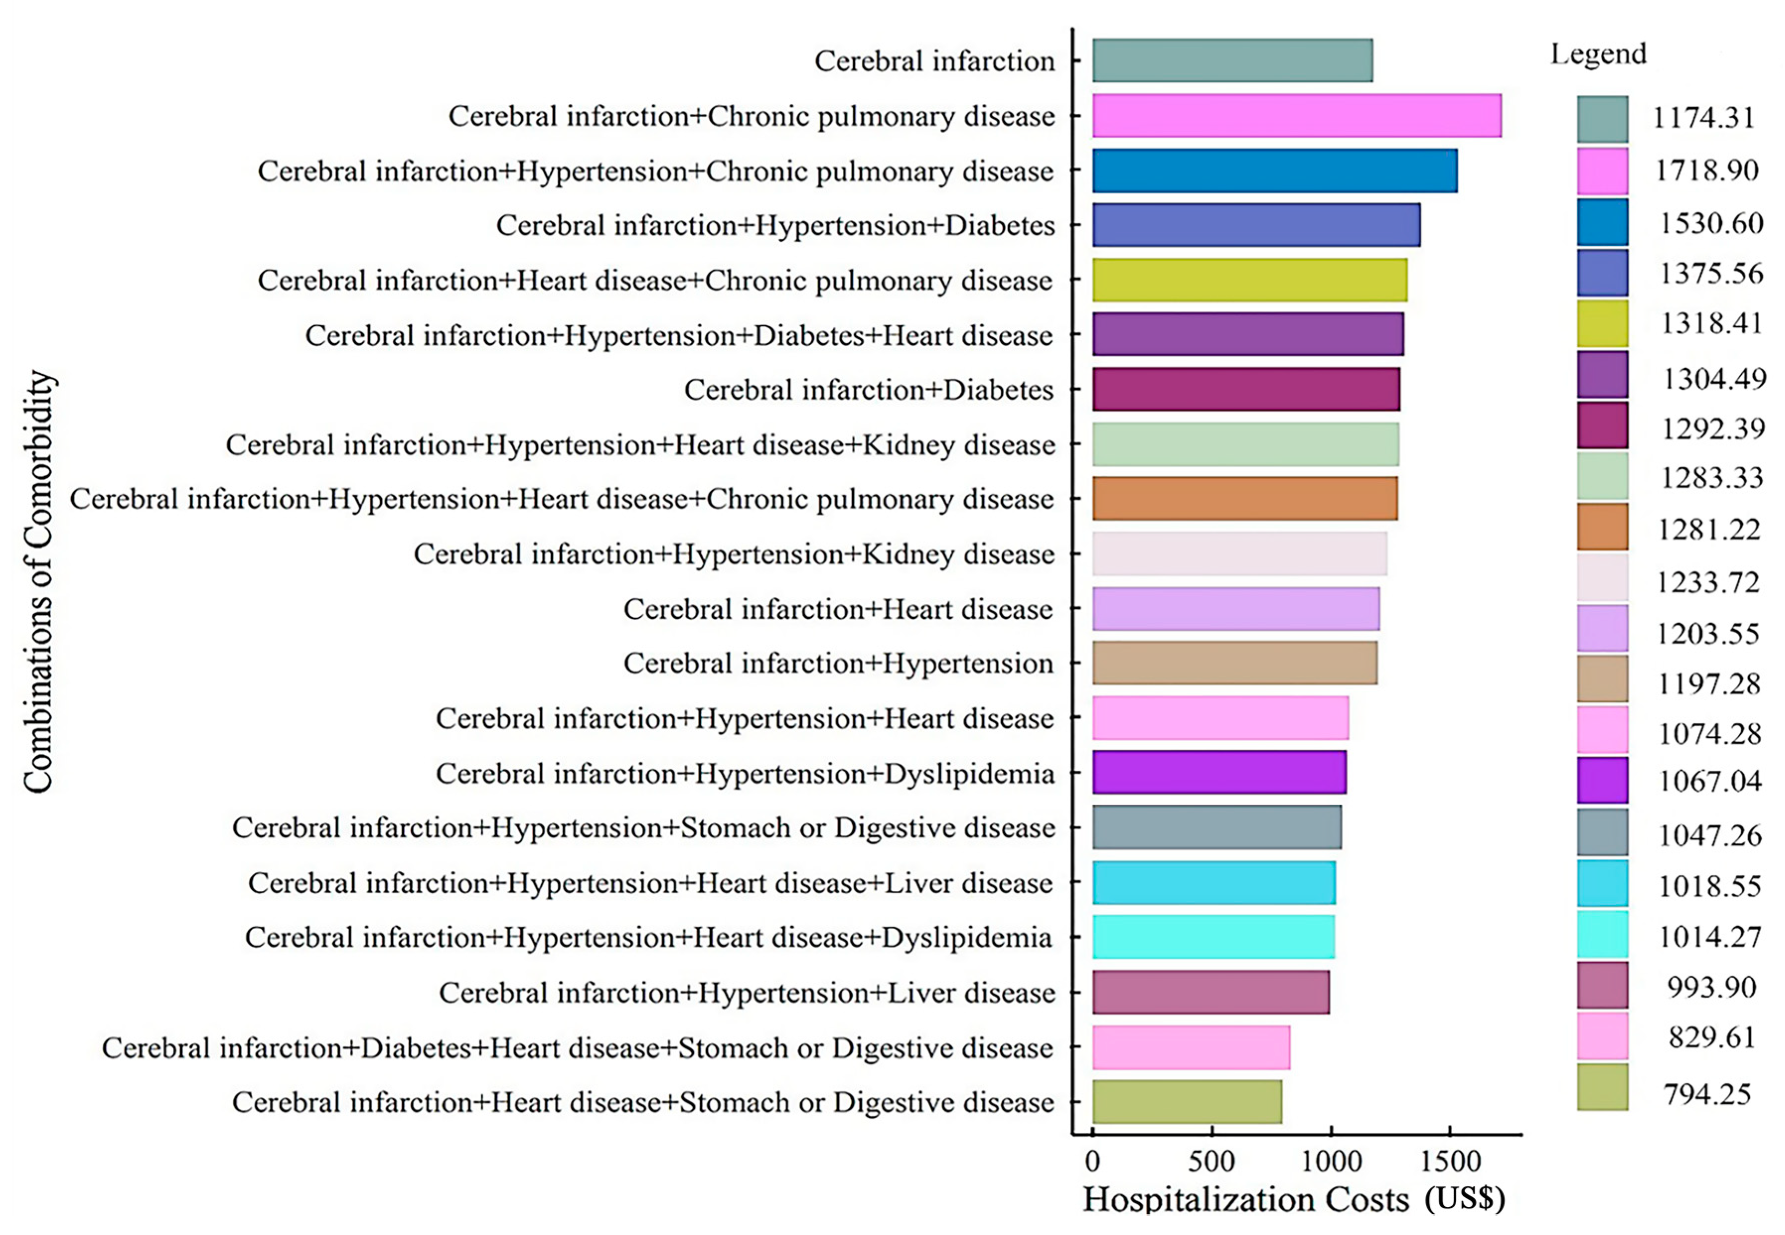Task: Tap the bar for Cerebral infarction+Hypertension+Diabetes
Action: click(1255, 225)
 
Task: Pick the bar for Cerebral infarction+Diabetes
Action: click(1245, 389)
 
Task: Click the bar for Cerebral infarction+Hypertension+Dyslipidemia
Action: click(1219, 772)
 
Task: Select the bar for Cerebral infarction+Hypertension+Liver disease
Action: click(1210, 992)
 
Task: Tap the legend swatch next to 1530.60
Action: click(1602, 222)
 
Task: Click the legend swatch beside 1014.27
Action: click(1602, 935)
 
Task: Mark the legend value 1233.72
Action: click(1707, 582)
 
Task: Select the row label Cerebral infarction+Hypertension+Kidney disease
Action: click(734, 555)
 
